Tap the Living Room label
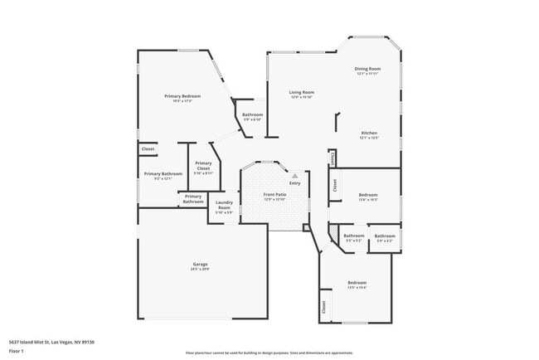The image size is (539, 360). click(301, 92)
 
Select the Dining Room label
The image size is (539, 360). click(367, 69)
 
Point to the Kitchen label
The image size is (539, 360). click(369, 133)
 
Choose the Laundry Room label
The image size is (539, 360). click(224, 205)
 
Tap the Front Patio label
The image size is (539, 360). click(274, 195)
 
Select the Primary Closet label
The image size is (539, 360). click(204, 166)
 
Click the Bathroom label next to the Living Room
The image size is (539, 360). click(252, 114)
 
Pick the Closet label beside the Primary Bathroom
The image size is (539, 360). click(148, 149)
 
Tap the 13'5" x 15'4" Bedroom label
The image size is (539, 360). click(357, 283)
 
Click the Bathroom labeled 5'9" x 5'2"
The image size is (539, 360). click(385, 236)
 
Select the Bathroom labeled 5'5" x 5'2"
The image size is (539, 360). click(354, 236)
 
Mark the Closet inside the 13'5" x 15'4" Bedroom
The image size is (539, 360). click(323, 307)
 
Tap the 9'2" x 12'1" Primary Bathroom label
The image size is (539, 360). click(158, 174)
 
